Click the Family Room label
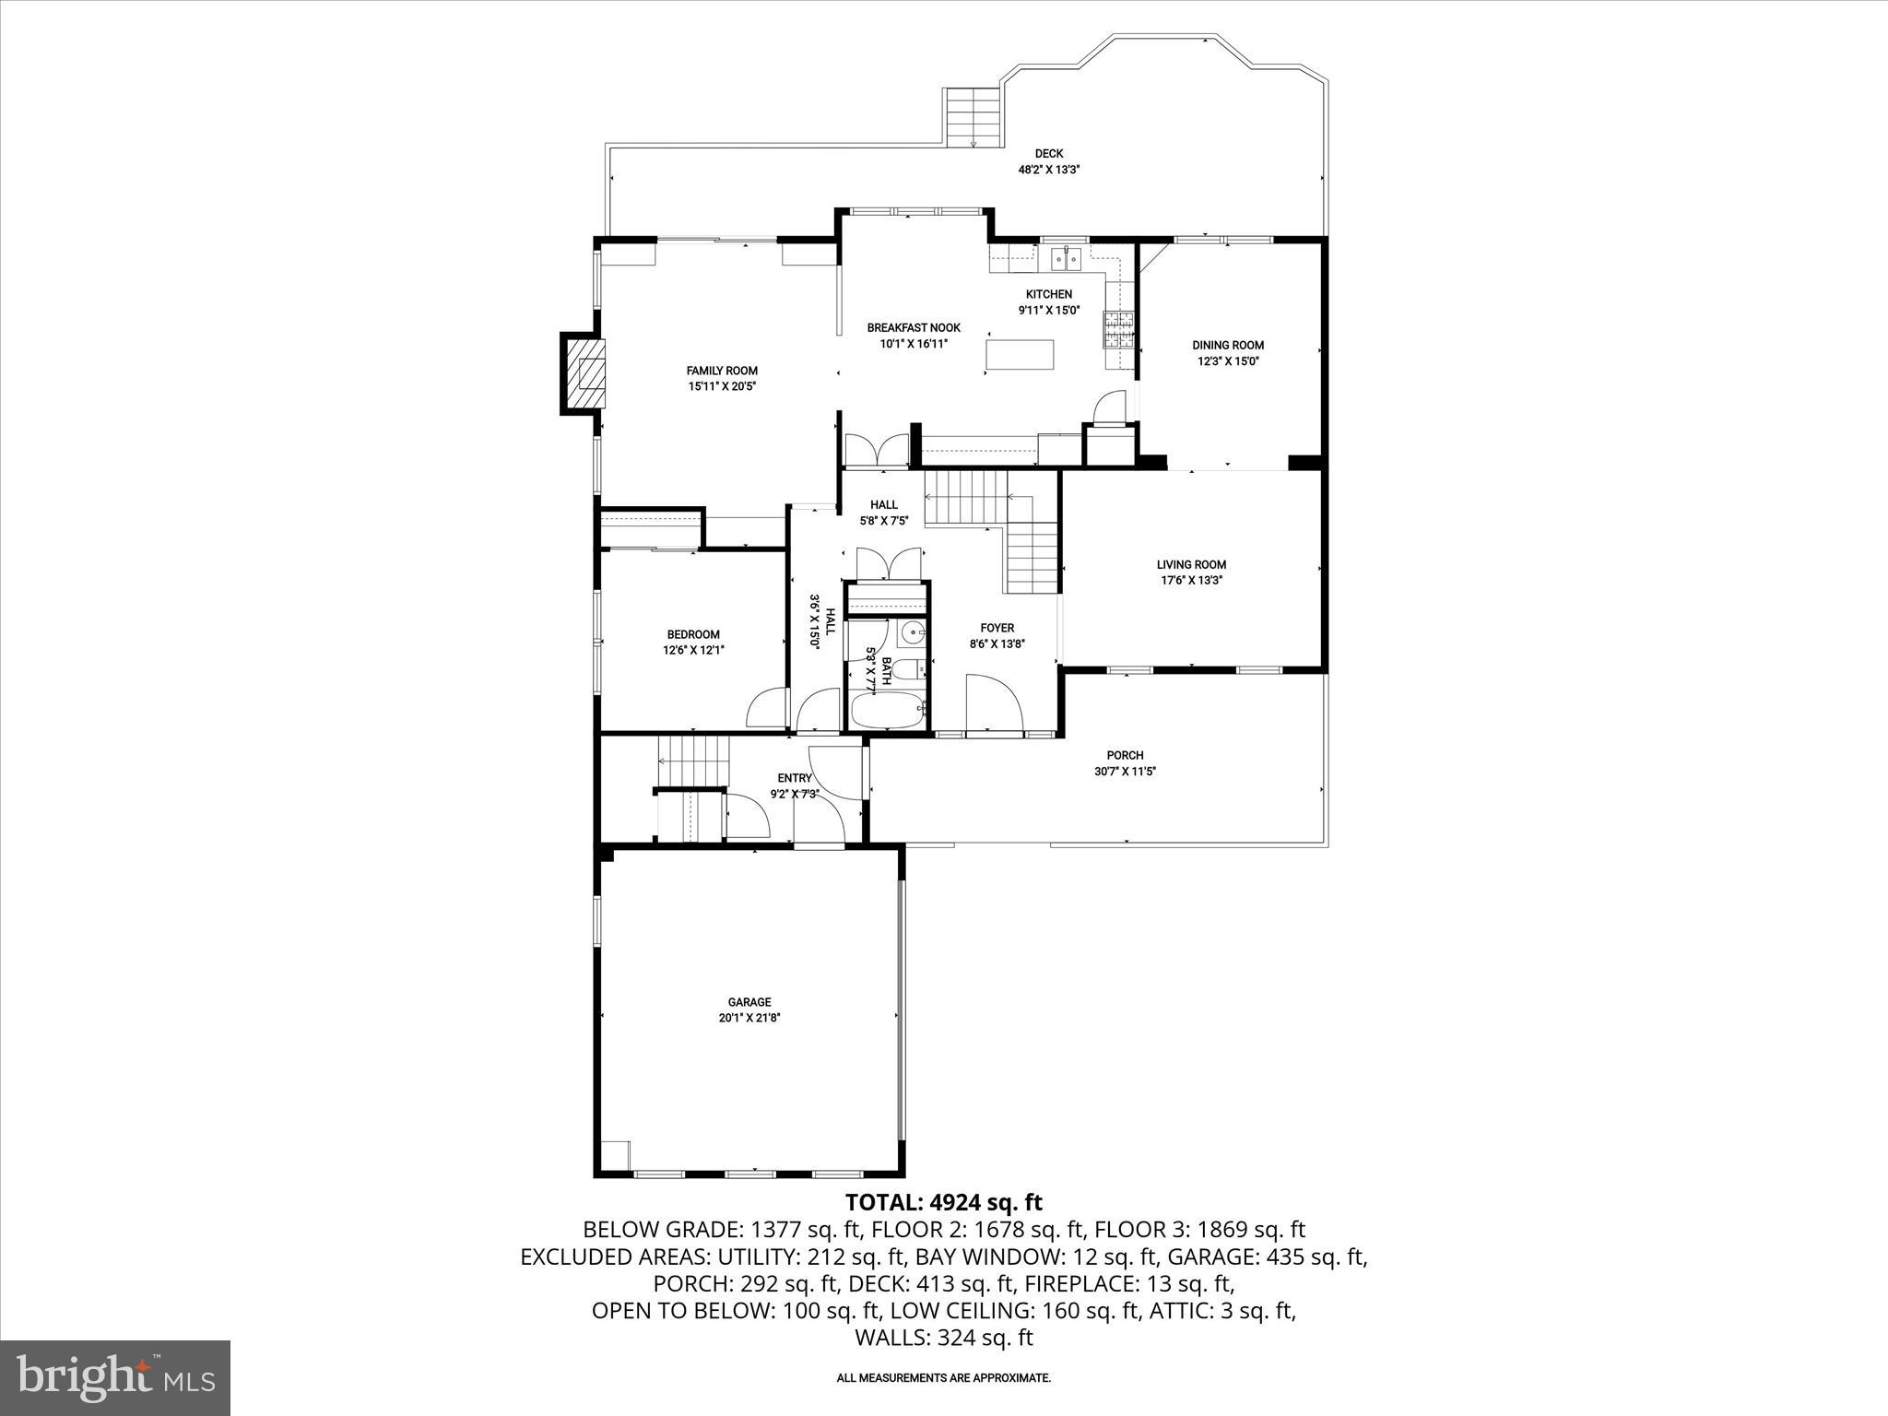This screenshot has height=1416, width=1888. point(722,371)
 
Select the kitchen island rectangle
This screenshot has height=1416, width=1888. point(1021,354)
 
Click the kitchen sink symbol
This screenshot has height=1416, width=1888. point(1066,257)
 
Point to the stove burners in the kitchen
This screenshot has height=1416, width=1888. point(1119,330)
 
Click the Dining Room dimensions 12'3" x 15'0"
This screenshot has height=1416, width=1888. point(1228,361)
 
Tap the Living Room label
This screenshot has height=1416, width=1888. point(1191,564)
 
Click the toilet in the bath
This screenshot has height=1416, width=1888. point(908,669)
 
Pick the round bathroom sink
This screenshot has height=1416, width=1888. point(913,632)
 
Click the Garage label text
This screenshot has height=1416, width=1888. point(749,1002)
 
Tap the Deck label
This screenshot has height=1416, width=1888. point(1048,154)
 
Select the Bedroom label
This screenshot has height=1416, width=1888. point(693,634)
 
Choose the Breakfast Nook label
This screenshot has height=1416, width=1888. point(913,327)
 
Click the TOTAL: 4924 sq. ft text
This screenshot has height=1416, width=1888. point(943,1202)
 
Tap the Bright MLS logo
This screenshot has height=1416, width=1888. point(115,1378)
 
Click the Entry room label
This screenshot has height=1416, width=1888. point(794,778)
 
